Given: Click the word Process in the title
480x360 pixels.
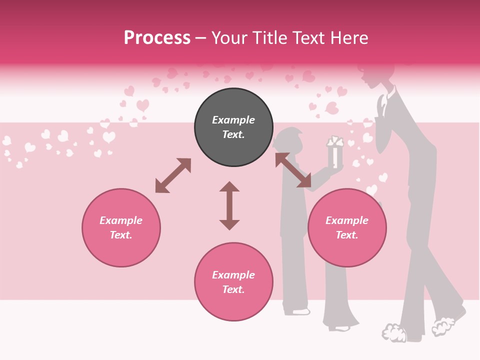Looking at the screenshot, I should click(x=157, y=38).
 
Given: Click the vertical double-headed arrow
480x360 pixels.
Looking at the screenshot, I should click(x=229, y=205).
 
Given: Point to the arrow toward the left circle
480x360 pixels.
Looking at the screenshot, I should click(x=173, y=175).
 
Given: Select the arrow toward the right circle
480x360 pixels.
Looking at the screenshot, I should click(x=293, y=170).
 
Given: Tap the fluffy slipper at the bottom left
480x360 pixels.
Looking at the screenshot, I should click(x=394, y=333).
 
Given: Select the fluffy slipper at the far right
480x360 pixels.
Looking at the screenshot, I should click(x=443, y=325).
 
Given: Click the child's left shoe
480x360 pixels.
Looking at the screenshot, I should click(x=297, y=311).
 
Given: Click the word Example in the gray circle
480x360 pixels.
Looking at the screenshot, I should click(x=233, y=120).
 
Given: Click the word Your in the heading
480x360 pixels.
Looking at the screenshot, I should click(x=230, y=38).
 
